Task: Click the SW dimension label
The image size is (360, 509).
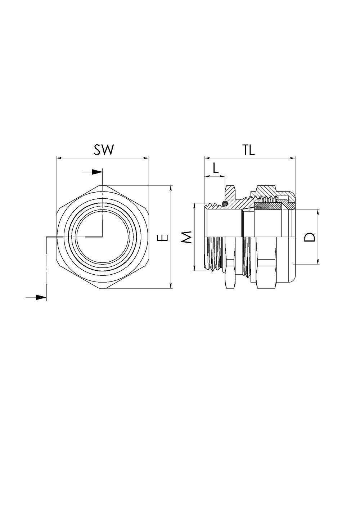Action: click(103, 150)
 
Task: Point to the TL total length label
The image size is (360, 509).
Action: click(248, 150)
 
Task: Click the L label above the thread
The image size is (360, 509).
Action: click(215, 168)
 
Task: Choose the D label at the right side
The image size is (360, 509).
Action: click(310, 237)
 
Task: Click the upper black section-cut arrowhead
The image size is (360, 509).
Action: click(96, 172)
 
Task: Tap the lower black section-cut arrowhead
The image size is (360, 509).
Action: click(41, 297)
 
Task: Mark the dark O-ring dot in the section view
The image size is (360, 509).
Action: click(225, 204)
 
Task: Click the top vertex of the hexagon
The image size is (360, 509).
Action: click(102, 185)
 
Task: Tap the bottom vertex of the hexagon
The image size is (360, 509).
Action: click(102, 289)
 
